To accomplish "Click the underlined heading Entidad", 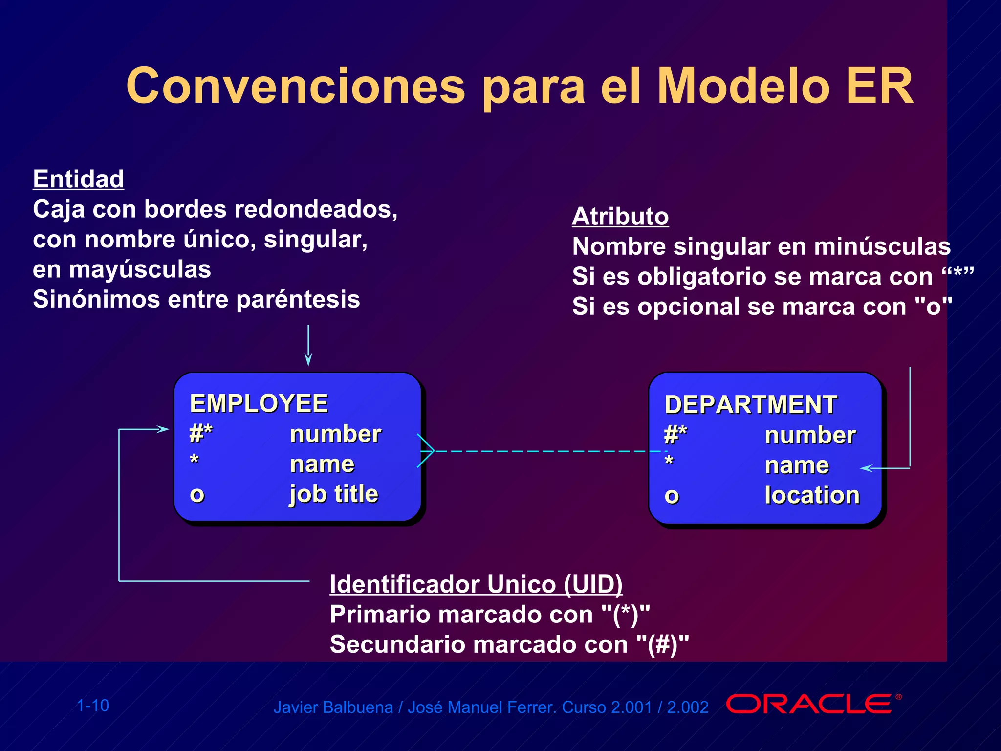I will (x=78, y=179).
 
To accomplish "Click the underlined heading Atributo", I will (x=620, y=216).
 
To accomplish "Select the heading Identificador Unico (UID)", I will (x=476, y=584).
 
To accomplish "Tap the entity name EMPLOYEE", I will (x=259, y=404).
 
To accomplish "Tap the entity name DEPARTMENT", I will (x=750, y=405).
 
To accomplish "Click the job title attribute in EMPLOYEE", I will (x=334, y=494).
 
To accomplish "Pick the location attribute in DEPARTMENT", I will (x=811, y=495).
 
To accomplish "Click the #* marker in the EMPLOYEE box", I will (x=200, y=433).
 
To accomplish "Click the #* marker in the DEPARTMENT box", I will (x=675, y=434).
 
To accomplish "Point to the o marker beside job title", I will (x=197, y=495).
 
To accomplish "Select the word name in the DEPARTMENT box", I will (x=796, y=465).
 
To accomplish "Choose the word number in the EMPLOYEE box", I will (x=335, y=434).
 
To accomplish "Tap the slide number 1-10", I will (x=93, y=706).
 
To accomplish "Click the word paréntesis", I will (x=298, y=300).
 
